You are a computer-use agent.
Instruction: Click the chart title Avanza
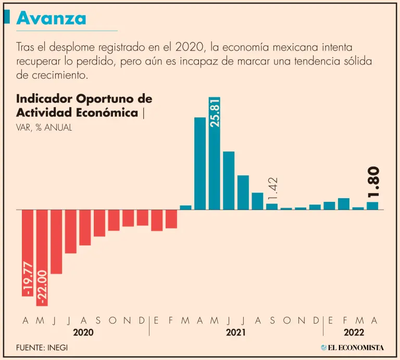pos(51,18)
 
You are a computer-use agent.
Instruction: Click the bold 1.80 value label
pos(373,183)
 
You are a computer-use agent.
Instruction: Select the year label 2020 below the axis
pos(83,332)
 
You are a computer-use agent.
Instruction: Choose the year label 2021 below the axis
pos(236,332)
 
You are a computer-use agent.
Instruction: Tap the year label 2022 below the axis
pos(354,332)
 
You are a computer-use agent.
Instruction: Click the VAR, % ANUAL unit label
pos(44,127)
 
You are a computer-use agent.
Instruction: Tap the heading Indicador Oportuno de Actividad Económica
pos(83,106)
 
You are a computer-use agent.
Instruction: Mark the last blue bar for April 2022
pos(372,206)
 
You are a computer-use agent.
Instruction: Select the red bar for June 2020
pos(56,241)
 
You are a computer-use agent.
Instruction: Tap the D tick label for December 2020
pos(142,320)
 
